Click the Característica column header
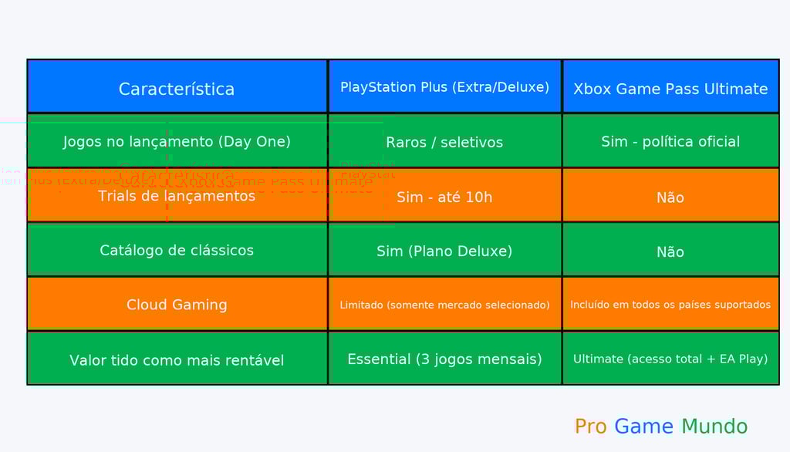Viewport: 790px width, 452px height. coord(177,89)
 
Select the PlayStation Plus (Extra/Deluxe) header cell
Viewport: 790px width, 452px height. coord(444,87)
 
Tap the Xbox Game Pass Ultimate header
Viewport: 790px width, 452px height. coord(670,89)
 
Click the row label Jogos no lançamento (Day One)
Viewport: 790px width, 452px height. coord(177,141)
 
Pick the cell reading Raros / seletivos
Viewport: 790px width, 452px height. coord(444,142)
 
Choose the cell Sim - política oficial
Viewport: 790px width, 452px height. coord(670,141)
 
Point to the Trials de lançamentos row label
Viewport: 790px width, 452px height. coord(177,196)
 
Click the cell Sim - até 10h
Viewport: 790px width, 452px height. coord(444,197)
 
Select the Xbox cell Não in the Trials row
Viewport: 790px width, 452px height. coord(670,197)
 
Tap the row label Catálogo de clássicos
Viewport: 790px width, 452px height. coord(177,250)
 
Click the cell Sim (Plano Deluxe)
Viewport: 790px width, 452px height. coord(444,251)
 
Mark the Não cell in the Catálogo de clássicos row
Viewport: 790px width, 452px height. coord(670,251)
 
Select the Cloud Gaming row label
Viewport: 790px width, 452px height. coord(177,305)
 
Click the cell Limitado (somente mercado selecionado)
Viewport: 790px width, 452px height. coord(444,305)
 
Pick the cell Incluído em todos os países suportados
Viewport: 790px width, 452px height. coord(670,305)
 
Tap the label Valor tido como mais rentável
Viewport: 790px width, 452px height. coord(177,360)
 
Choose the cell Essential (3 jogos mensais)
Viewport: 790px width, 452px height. coord(444,359)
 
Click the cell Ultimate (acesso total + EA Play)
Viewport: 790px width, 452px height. coord(670,359)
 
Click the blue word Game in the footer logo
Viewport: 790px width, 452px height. coord(644,427)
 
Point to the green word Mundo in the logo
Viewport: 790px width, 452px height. coord(714,427)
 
